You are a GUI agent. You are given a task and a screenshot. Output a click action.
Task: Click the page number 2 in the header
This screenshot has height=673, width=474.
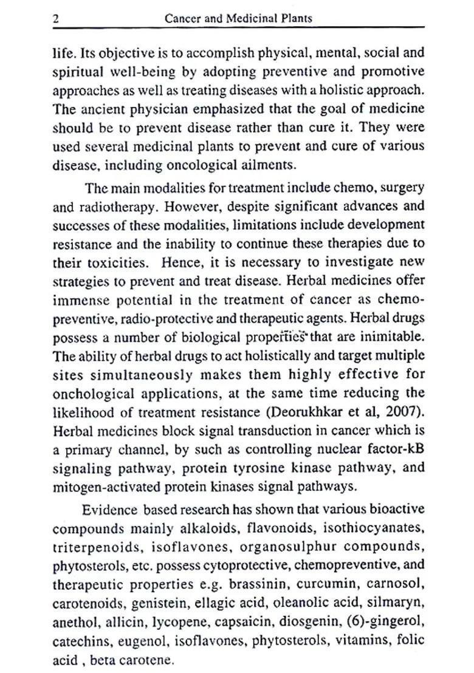55,19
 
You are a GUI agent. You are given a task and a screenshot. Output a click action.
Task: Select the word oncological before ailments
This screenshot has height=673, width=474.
188,165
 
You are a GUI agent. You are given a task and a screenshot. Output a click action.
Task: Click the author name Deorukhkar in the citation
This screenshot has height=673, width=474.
314,412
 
